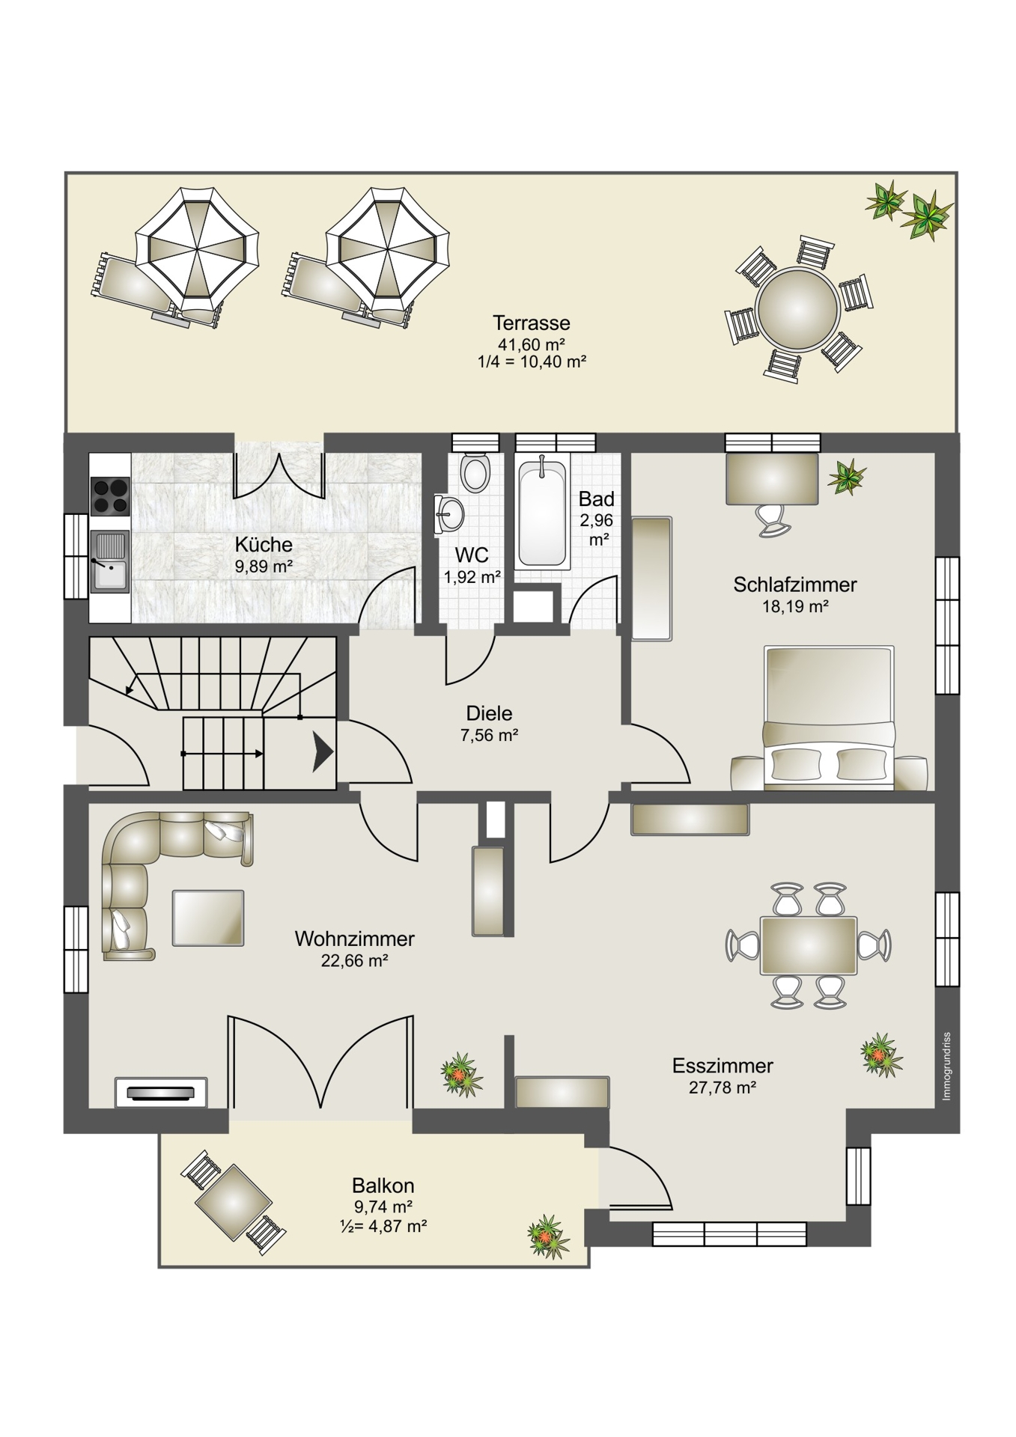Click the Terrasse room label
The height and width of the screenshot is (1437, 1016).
coord(531,323)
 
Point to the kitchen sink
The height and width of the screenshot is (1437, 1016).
coord(109,562)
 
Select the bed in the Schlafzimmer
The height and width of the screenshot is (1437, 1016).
coord(828,718)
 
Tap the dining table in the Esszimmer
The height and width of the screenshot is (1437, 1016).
coord(809,945)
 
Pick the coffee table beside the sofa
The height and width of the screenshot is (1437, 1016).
coord(208,918)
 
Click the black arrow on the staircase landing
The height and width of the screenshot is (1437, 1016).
coord(323,751)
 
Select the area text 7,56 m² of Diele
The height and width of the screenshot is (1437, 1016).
coord(490,735)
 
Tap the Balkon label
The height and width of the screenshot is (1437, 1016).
coord(383,1186)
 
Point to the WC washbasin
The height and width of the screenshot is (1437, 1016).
coord(448,513)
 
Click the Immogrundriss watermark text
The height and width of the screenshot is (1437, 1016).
coord(946,1067)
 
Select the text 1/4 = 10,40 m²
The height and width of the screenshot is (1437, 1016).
coord(531,361)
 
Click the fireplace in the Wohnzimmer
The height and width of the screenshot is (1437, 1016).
coord(161,1092)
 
